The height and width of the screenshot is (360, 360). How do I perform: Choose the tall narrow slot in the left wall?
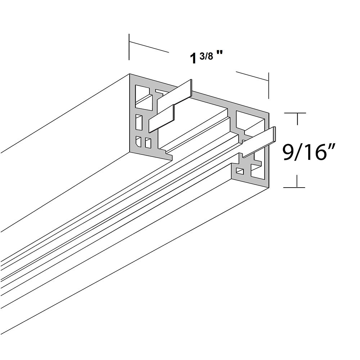(139, 122)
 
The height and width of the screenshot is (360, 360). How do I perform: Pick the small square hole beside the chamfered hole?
(148, 143)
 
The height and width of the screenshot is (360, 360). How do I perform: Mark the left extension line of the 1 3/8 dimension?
(129, 47)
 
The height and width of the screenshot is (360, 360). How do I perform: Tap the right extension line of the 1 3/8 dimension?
(269, 85)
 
